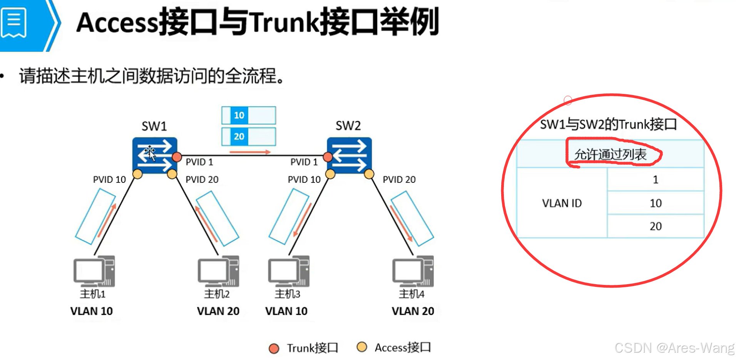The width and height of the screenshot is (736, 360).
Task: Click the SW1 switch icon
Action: [154, 155]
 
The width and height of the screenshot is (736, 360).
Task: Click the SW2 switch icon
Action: [349, 155]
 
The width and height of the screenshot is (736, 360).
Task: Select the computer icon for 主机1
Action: [94, 271]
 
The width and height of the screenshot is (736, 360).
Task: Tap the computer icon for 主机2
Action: [218, 271]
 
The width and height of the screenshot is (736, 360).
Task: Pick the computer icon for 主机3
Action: [289, 271]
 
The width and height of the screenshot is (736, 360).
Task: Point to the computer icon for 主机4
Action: [413, 271]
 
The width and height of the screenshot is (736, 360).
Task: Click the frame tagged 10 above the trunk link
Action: [249, 115]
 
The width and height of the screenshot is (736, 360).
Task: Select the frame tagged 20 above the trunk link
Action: [249, 136]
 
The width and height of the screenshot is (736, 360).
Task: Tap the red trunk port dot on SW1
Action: [177, 157]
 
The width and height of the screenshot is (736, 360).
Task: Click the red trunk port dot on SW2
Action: [328, 157]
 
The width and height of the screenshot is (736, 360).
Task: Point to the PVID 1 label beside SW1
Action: [199, 162]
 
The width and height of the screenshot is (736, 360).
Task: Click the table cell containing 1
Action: [655, 179]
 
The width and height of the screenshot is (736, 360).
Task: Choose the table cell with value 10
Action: [655, 203]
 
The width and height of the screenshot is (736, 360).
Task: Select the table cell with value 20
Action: [655, 226]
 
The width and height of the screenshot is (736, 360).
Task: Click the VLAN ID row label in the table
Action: [562, 203]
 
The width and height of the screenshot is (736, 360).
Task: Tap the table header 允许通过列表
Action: [610, 154]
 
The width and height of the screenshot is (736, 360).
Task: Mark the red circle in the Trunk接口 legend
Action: [274, 348]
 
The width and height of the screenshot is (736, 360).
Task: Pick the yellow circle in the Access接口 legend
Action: [361, 347]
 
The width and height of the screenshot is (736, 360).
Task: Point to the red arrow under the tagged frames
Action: [250, 152]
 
